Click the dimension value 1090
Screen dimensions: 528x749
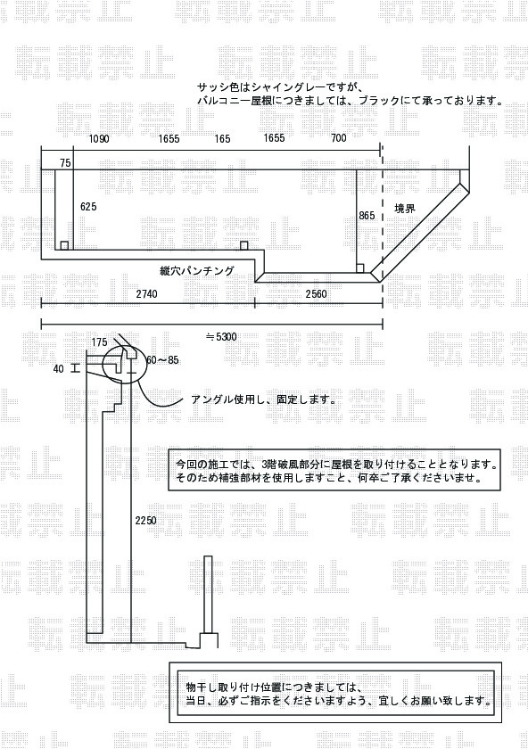coord(99,139)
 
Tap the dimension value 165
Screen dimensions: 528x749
coord(222,139)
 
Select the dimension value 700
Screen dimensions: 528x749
coord(338,138)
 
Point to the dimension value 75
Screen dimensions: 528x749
coord(65,163)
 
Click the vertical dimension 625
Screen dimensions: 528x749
coord(88,206)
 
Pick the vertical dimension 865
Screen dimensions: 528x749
coord(367,216)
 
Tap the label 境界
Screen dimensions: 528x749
coord(404,209)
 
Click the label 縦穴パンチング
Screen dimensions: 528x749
coord(197,271)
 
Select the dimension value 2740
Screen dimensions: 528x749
coord(146,293)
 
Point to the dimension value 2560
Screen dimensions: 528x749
coord(316,293)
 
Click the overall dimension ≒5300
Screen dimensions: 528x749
coord(221,337)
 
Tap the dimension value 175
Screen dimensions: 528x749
coord(99,342)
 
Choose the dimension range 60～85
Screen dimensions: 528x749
coord(163,359)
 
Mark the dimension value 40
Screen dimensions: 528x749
coord(58,369)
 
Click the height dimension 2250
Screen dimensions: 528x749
coord(145,521)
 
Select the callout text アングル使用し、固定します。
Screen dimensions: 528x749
coord(263,399)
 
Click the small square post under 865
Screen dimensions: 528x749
coord(361,268)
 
